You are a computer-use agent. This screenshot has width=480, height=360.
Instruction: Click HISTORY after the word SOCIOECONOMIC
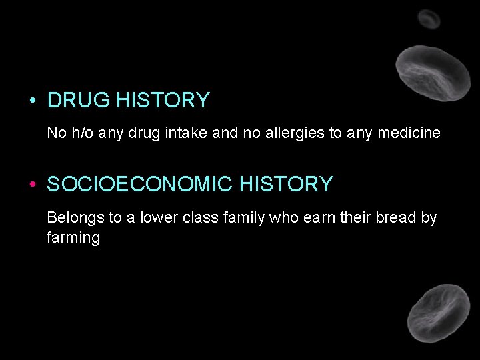point(286,184)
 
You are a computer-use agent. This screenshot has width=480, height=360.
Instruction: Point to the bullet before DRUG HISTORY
point(32,101)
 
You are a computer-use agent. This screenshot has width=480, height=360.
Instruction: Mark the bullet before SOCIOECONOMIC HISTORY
point(32,185)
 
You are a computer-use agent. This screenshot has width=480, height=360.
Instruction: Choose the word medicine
point(409,133)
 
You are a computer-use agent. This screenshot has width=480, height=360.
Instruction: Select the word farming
point(73,237)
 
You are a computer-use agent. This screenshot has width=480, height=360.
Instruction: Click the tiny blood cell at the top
point(429,19)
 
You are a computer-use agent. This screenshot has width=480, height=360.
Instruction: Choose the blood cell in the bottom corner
point(438,313)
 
